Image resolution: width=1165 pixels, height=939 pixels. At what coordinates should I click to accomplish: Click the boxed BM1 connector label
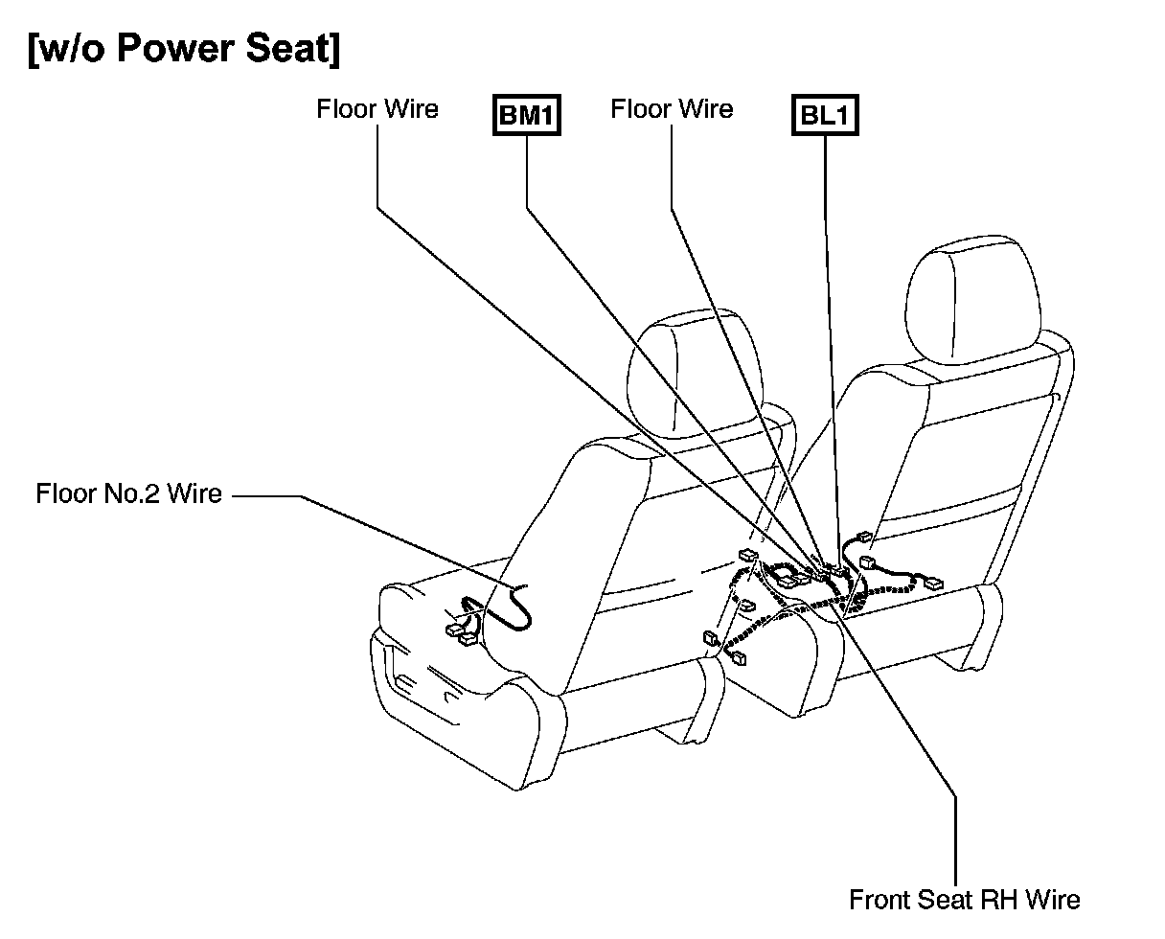[526, 117]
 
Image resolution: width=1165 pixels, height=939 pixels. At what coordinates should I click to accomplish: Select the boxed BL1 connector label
[824, 117]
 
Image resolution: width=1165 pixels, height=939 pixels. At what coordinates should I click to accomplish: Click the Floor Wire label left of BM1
[377, 109]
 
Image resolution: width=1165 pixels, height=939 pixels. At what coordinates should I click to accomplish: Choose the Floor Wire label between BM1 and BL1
[671, 109]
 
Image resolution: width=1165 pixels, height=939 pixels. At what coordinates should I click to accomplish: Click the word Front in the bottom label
[880, 901]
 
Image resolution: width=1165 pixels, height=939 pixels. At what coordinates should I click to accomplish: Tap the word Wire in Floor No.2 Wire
[195, 494]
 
